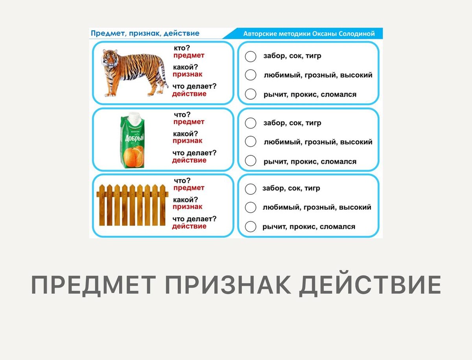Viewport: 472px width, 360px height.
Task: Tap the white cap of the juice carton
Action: tap(133, 118)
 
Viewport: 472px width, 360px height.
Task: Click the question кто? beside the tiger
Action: tap(182, 48)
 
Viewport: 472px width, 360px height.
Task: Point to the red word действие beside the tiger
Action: tap(189, 94)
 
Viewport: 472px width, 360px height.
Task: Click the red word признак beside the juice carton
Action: tap(188, 141)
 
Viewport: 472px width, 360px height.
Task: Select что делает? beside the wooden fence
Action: tap(194, 219)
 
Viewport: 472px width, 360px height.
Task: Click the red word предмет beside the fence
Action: tap(189, 188)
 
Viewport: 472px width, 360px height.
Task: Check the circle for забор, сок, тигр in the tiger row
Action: tap(251, 57)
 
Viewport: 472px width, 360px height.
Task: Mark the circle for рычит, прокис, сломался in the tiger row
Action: tap(251, 94)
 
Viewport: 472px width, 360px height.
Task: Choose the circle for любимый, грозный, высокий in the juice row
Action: tap(251, 142)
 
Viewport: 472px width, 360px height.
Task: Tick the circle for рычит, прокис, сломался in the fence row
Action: tap(251, 227)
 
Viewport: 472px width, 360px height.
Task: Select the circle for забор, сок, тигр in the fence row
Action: tap(251, 189)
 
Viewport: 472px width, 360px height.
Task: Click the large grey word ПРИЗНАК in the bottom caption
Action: tap(228, 285)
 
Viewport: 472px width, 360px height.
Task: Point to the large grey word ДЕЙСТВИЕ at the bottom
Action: tap(370, 285)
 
